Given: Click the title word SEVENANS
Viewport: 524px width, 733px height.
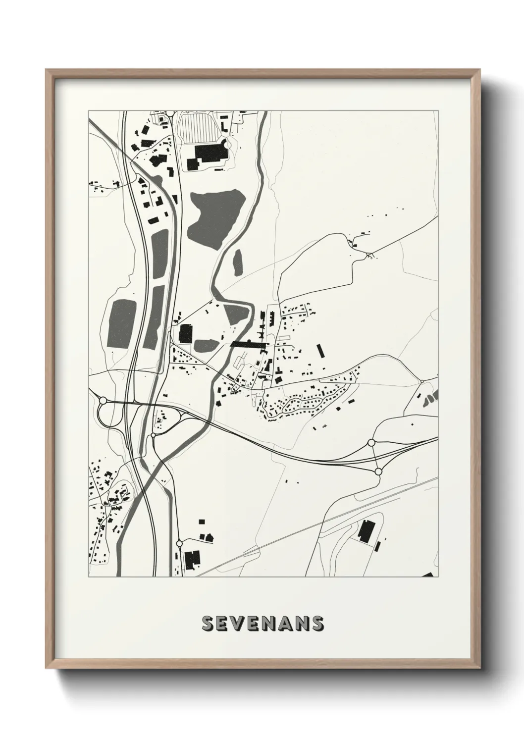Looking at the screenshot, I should click(262, 624).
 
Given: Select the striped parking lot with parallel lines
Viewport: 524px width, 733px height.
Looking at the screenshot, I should click(197, 128).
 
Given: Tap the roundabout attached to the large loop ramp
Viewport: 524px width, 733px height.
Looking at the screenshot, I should click(103, 400).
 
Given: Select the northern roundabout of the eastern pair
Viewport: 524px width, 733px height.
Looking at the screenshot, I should click(371, 442).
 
